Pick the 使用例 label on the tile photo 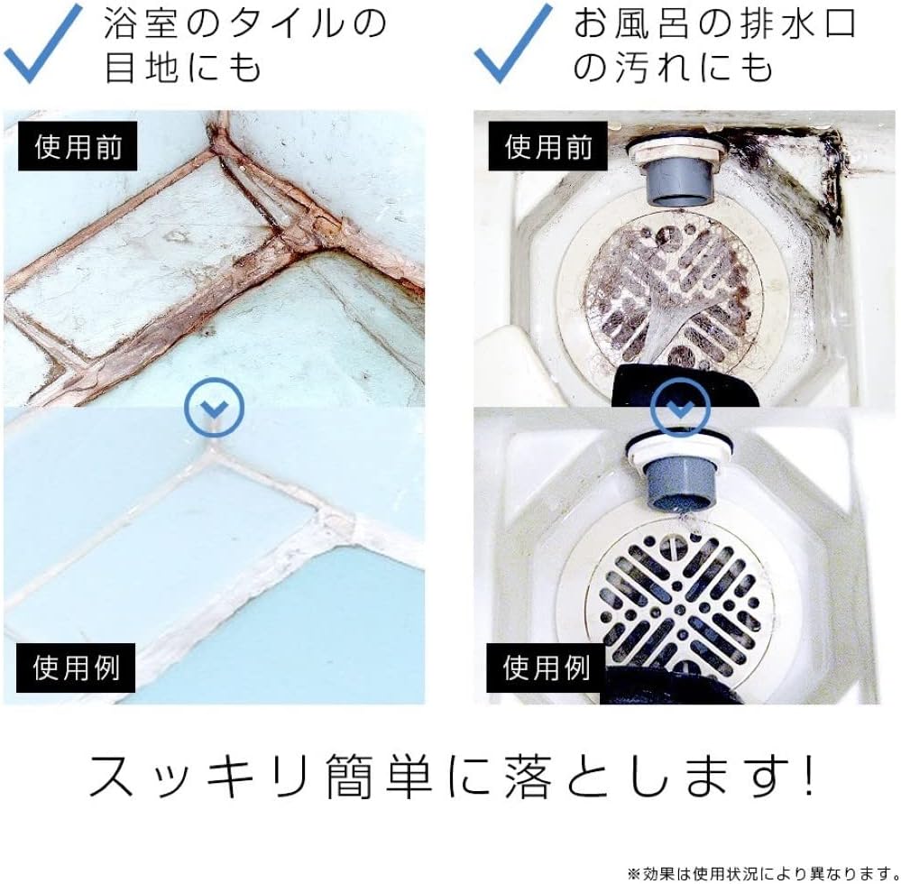point(77,668)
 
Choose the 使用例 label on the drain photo point(547,668)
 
